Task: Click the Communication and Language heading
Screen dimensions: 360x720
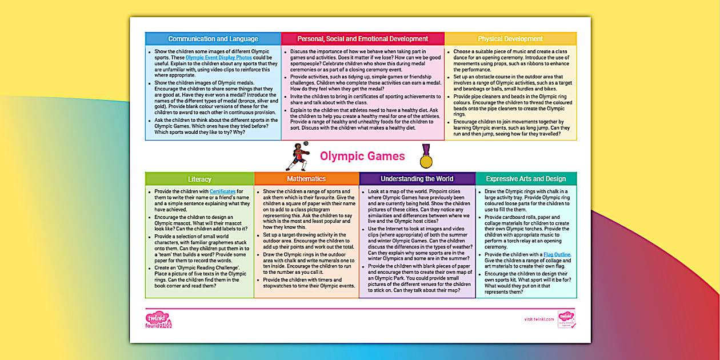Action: point(213,39)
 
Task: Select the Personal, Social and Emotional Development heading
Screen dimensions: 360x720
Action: point(362,39)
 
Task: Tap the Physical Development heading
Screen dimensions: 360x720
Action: point(510,39)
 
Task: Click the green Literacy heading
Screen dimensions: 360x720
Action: point(199,179)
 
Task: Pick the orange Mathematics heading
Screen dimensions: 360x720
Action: point(306,179)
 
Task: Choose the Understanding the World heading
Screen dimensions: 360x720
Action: point(417,179)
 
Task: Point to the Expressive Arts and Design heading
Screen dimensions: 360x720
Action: point(526,179)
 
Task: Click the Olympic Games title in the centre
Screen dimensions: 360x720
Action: point(362,157)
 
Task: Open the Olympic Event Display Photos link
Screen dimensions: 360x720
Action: point(218,58)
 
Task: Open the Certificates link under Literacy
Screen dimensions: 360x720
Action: point(222,191)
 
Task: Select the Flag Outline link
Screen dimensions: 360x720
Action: point(557,255)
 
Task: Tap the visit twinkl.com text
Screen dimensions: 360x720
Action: point(539,319)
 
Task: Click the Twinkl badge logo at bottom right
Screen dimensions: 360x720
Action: point(566,318)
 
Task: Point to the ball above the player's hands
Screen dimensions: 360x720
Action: point(307,152)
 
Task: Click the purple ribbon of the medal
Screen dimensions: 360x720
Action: point(426,150)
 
